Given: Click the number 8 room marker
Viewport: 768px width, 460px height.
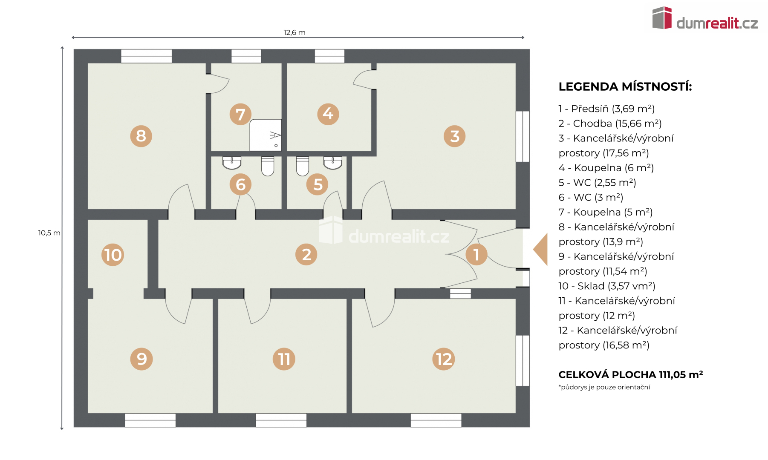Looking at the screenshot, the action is (141, 136).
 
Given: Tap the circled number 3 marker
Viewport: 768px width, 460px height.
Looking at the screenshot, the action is (455, 136).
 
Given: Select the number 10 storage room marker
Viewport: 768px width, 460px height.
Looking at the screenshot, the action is (113, 255).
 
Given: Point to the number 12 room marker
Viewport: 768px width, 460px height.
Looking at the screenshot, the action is (444, 359).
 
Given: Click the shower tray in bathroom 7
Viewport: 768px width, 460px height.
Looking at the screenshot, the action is (266, 135).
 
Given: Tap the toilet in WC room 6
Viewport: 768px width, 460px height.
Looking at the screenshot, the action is (268, 166).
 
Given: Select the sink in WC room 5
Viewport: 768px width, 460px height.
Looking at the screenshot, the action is (332, 163).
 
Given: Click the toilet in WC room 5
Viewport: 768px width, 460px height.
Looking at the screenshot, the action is (302, 166).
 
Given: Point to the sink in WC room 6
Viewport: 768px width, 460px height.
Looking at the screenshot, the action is (232, 163).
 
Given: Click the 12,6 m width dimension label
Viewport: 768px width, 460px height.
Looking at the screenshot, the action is (294, 32).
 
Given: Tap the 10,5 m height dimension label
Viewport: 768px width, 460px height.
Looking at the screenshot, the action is (49, 233).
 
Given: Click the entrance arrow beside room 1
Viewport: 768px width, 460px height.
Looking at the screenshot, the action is (540, 250).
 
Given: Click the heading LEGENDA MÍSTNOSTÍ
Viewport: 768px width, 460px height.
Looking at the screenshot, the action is (625, 87).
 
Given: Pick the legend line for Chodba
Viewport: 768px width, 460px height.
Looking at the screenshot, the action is (610, 124).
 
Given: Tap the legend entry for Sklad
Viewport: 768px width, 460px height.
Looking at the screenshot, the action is (607, 286).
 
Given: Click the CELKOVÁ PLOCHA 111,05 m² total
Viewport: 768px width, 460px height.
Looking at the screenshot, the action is (631, 375).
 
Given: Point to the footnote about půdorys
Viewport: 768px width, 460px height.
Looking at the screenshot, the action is (604, 387).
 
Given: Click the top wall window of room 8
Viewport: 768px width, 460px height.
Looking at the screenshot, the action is (147, 56).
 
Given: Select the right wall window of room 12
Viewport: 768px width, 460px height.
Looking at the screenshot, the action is (523, 361).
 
